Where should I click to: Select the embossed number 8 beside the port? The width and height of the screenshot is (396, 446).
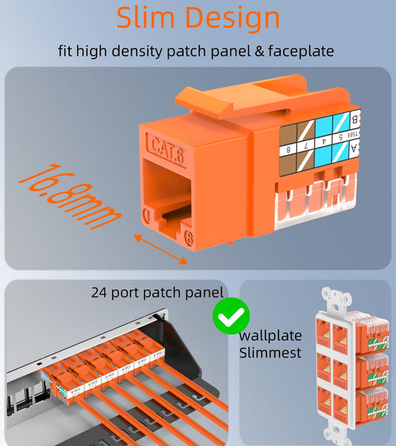point(189,239)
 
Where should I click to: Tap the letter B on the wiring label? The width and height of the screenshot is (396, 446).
point(355,119)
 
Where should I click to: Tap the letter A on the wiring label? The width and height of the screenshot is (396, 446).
point(355,149)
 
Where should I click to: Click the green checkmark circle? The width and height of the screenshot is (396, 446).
point(231,317)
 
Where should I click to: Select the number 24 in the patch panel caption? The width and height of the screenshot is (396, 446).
point(100,293)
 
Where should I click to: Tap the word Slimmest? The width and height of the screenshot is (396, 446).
point(270,352)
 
